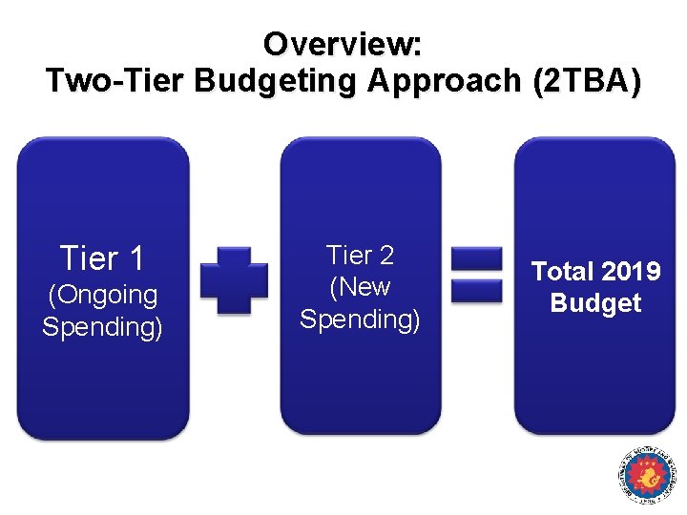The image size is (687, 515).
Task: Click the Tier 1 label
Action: (x=102, y=257)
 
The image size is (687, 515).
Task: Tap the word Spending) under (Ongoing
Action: (x=102, y=326)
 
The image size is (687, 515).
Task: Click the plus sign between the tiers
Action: (x=234, y=279)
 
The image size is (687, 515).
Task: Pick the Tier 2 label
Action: (x=360, y=255)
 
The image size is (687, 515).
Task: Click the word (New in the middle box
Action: (x=360, y=286)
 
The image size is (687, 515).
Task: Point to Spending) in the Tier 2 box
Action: (x=360, y=319)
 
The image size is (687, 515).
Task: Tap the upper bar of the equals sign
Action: (x=476, y=258)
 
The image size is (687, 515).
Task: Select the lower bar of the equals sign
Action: (x=476, y=291)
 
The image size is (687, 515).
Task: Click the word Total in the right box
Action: (x=562, y=272)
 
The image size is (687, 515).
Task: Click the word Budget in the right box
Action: (x=595, y=303)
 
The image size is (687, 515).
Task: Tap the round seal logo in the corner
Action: (x=646, y=475)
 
